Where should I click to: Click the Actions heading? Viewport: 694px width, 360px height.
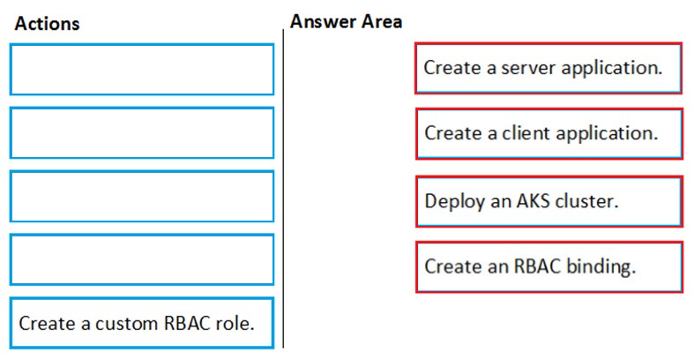click(47, 24)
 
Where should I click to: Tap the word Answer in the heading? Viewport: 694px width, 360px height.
click(323, 21)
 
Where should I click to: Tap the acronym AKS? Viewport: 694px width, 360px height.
click(533, 201)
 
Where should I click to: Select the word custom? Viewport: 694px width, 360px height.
click(127, 323)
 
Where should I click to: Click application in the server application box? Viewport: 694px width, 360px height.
click(611, 69)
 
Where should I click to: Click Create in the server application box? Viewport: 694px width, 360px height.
click(452, 68)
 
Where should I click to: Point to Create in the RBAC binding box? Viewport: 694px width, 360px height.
click(453, 266)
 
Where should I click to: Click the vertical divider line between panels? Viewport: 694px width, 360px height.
click(283, 189)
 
